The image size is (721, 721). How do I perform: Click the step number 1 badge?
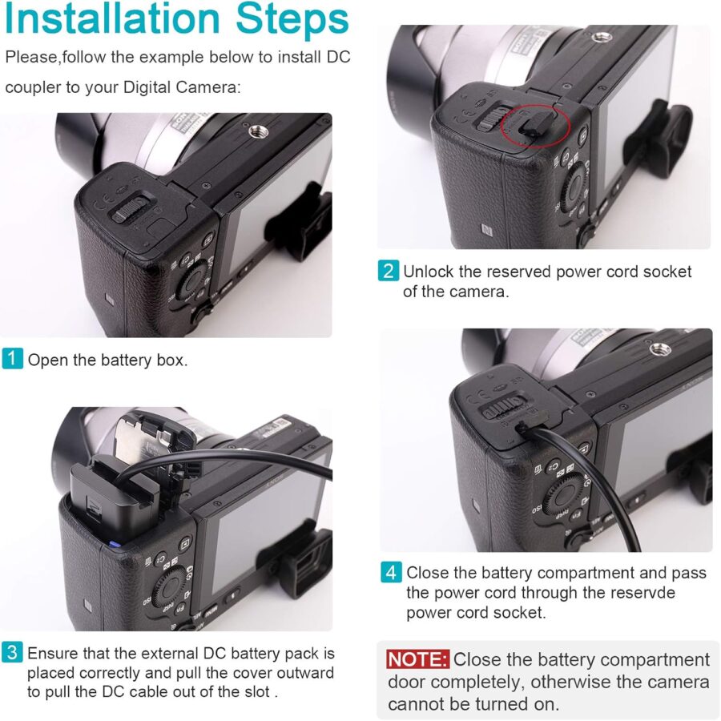point(12,358)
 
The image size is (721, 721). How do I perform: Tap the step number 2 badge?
point(388,271)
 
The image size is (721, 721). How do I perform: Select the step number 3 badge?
point(12,652)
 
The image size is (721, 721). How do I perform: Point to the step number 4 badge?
point(391,572)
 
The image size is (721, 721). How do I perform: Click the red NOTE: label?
point(417,659)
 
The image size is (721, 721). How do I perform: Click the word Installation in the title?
point(113,19)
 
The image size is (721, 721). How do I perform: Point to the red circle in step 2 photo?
point(535,126)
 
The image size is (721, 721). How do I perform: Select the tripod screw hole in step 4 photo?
point(660,349)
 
